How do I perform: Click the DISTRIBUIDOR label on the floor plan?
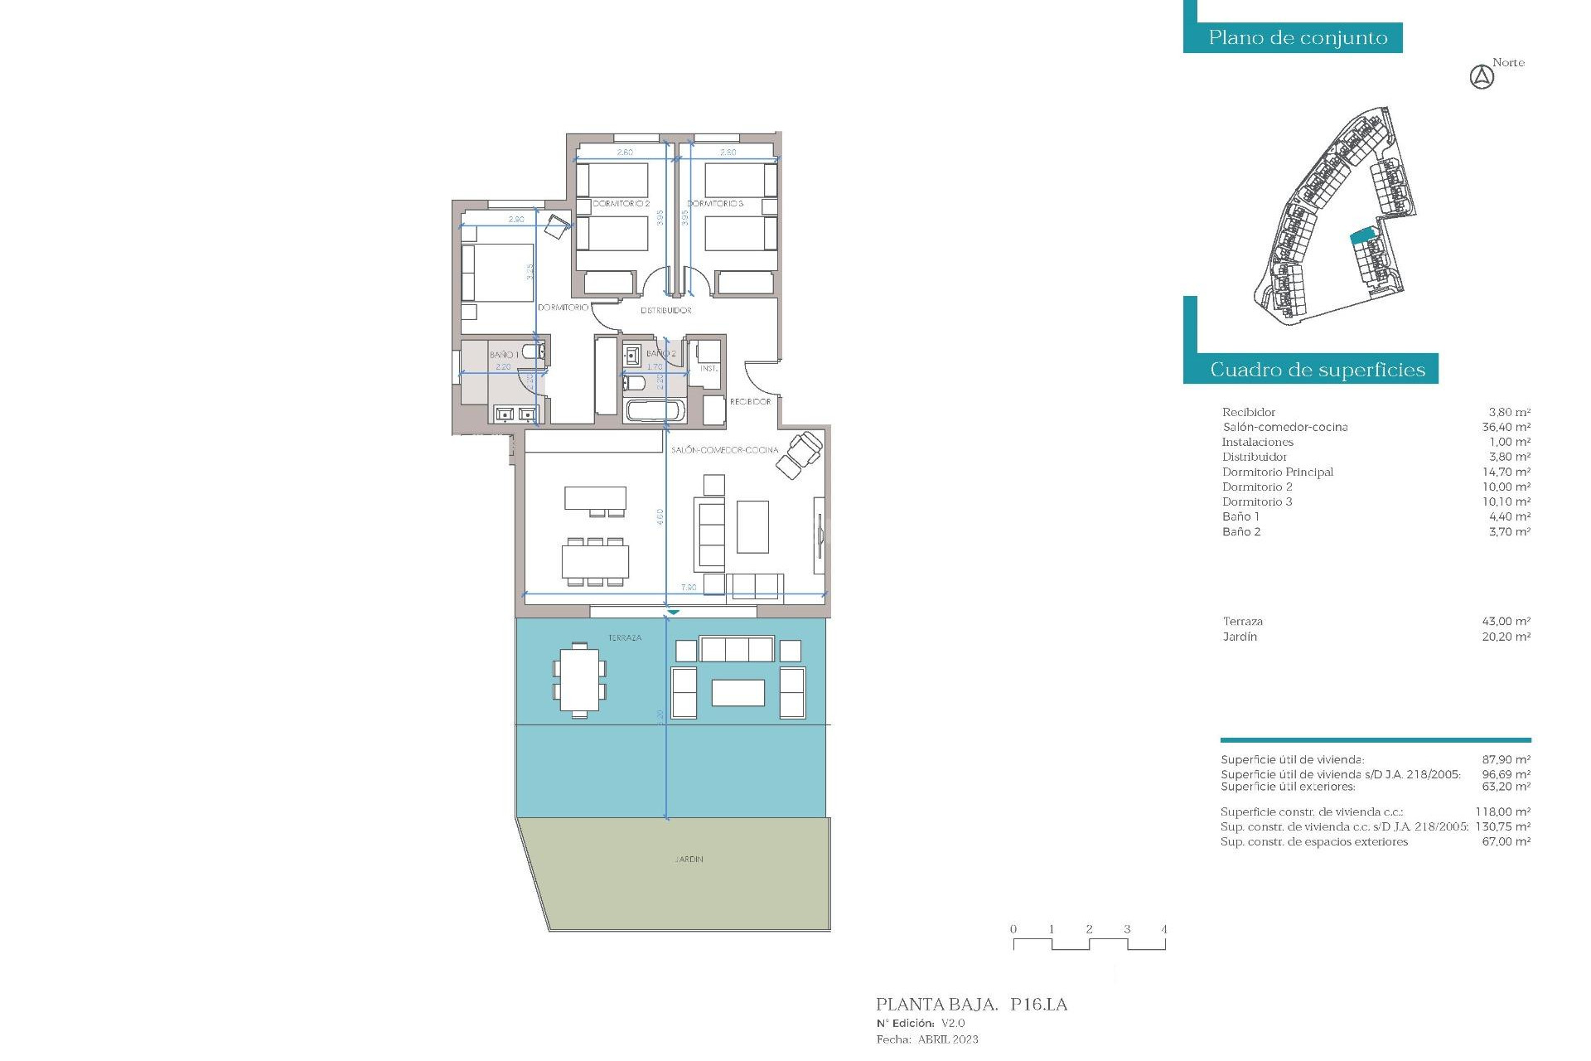coord(665,310)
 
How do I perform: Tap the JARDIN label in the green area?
coord(689,860)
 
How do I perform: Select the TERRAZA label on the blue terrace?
coord(625,638)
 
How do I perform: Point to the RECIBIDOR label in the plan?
coord(750,402)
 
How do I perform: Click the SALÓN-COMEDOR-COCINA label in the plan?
coord(724,450)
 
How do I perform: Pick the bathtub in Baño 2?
coord(655,410)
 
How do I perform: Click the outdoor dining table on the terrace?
coord(579,680)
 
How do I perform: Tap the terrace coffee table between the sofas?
coord(737,693)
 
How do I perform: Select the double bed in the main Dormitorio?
coord(497,272)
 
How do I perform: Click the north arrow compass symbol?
coord(1482,78)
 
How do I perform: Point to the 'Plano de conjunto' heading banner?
coord(1298,38)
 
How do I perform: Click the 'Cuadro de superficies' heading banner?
coord(1317,370)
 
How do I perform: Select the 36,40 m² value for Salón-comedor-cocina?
coord(1506,428)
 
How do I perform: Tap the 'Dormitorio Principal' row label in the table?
coord(1277,472)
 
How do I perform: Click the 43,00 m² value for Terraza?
coord(1506,622)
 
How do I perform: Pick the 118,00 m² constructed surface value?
coord(1502,812)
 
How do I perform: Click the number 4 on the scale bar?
coord(1163,929)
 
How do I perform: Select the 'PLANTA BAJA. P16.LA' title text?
coord(971,1005)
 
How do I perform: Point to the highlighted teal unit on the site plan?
coord(1362,236)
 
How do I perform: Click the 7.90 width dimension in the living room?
coord(689,587)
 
